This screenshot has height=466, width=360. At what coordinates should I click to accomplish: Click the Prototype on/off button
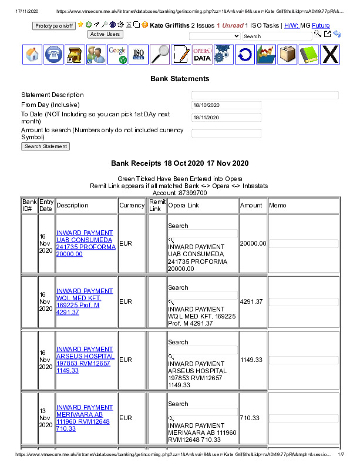pyautogui.click(x=54, y=26)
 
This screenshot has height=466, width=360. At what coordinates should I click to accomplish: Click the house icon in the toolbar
pyautogui.click(x=33, y=54)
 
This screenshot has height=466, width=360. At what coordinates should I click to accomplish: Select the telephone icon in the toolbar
pyautogui.click(x=53, y=54)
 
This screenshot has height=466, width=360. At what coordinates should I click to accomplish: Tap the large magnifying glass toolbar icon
pyautogui.click(x=160, y=54)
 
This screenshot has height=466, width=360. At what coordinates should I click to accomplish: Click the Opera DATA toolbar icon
pyautogui.click(x=202, y=54)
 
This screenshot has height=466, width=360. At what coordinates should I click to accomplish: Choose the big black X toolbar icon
pyautogui.click(x=331, y=54)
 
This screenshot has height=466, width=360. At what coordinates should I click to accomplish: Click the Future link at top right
pyautogui.click(x=321, y=26)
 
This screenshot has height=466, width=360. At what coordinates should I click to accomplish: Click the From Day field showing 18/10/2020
pyautogui.click(x=226, y=105)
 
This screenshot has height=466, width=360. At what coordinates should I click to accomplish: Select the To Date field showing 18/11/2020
pyautogui.click(x=226, y=118)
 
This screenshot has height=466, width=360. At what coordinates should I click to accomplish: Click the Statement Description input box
pyautogui.click(x=265, y=95)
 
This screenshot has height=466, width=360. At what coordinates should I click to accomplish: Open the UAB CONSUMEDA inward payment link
pyautogui.click(x=85, y=243)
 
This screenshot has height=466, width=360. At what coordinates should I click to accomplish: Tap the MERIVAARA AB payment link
pyautogui.click(x=85, y=418)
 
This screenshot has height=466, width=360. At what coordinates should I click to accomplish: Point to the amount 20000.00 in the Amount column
pyautogui.click(x=253, y=243)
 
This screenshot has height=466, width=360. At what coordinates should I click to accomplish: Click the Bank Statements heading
pyautogui.click(x=180, y=79)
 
